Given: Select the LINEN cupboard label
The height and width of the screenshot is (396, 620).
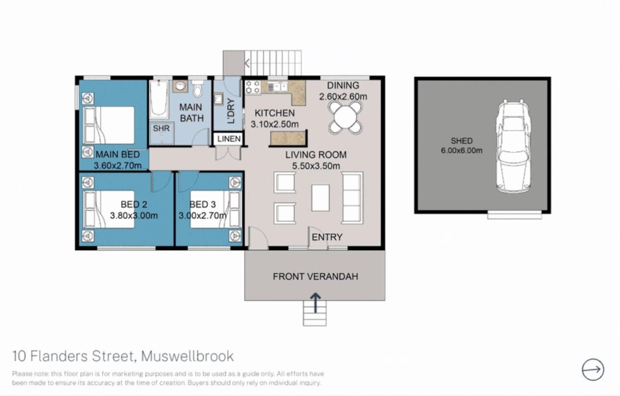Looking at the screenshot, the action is [x=229, y=139].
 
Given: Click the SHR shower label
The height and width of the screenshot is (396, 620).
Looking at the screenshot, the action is [x=161, y=128].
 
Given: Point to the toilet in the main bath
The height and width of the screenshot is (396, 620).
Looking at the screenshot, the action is [x=198, y=88].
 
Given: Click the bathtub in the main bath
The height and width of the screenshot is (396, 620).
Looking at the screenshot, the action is [x=159, y=99].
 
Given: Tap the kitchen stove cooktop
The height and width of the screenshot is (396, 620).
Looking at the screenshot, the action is [x=253, y=87].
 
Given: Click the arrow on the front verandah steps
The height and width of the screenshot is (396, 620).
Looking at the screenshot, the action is [x=315, y=303].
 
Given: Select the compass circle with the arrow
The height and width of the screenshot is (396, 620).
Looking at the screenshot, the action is [x=593, y=370].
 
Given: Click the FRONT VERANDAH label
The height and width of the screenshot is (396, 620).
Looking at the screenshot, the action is [x=315, y=276].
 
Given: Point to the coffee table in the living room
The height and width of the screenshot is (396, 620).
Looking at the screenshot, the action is [x=321, y=198].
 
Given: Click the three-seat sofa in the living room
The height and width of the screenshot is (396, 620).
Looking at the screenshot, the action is [x=352, y=198].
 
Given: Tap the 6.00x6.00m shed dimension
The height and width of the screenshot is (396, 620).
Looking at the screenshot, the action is [x=461, y=151].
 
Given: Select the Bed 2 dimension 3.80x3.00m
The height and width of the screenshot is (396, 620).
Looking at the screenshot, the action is [x=134, y=215].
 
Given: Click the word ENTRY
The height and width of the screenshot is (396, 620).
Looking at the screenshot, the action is [x=327, y=237].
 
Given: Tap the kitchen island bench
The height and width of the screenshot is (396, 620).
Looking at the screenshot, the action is [x=289, y=138].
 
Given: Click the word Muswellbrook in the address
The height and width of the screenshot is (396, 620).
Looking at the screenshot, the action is [x=187, y=356].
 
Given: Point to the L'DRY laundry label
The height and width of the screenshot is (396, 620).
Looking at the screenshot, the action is [x=231, y=111].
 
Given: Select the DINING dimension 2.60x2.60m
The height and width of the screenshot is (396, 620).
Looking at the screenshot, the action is [x=343, y=96].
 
